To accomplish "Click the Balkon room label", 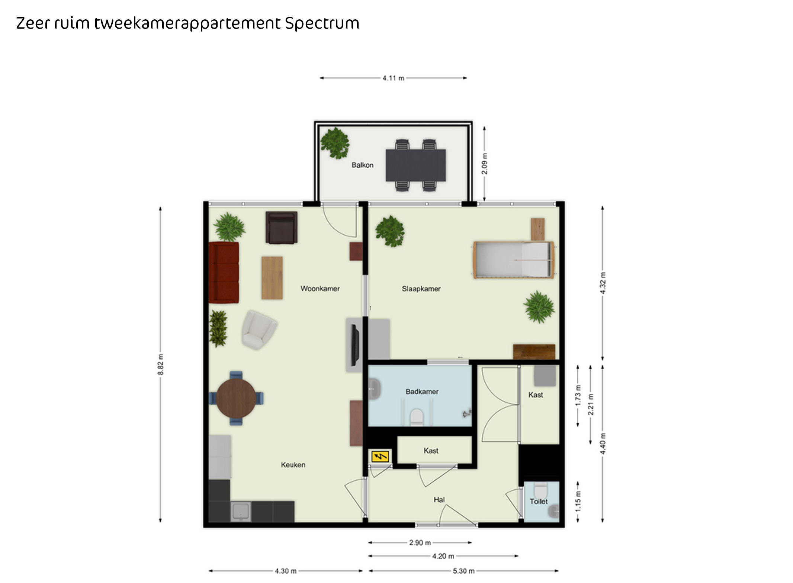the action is pyautogui.click(x=362, y=165).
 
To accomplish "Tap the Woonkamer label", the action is pyautogui.click(x=320, y=289).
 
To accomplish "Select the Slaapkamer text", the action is pyautogui.click(x=421, y=289).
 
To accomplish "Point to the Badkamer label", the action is pyautogui.click(x=422, y=392).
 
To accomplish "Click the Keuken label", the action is pyautogui.click(x=293, y=465).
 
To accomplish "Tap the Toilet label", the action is pyautogui.click(x=539, y=502).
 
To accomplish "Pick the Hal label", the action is pyautogui.click(x=439, y=500).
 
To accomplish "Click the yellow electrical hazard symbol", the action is pyautogui.click(x=380, y=456).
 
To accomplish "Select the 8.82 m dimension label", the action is pyautogui.click(x=160, y=364).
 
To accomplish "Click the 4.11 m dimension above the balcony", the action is pyautogui.click(x=394, y=78).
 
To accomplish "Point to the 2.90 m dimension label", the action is pyautogui.click(x=420, y=543).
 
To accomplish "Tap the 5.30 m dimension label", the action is pyautogui.click(x=463, y=571).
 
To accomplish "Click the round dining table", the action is pyautogui.click(x=236, y=398).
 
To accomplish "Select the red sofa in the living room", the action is pyautogui.click(x=224, y=273).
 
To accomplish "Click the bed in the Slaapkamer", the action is pyautogui.click(x=514, y=260).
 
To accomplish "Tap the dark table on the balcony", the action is pyautogui.click(x=415, y=165).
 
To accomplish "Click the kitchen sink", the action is pyautogui.click(x=241, y=512).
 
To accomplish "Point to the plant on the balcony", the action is pyautogui.click(x=335, y=143).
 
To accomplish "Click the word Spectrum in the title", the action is pyautogui.click(x=322, y=23).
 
